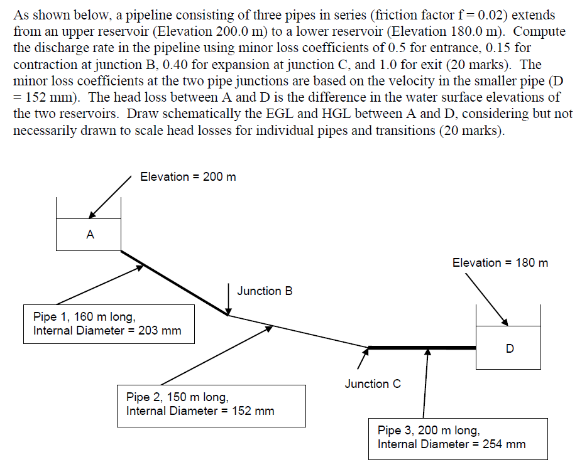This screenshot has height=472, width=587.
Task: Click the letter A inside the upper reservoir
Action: click(90, 235)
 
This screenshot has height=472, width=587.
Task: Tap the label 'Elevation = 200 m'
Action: click(188, 177)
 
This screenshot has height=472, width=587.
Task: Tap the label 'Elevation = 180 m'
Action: click(500, 262)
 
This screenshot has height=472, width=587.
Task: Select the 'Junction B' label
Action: click(265, 291)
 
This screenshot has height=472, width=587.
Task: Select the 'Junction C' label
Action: click(373, 383)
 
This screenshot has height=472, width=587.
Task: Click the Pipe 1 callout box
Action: click(109, 324)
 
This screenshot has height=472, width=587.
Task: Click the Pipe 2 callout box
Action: click(211, 405)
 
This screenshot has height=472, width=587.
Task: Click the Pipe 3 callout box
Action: click(458, 438)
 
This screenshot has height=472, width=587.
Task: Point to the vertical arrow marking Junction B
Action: click(228, 298)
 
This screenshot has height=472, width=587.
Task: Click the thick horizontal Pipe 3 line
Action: click(421, 347)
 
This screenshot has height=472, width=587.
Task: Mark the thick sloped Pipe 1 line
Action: click(173, 282)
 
